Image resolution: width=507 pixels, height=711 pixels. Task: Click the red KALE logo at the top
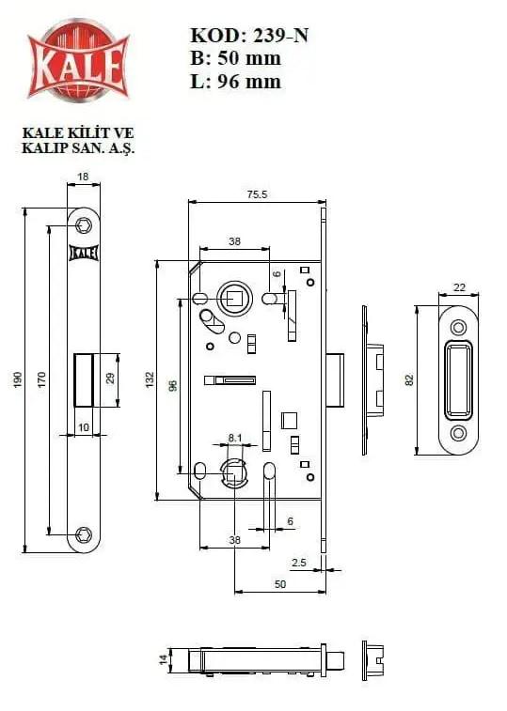78,60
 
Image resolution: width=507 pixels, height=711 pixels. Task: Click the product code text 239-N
281,36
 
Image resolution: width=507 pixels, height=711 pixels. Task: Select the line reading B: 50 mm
235,58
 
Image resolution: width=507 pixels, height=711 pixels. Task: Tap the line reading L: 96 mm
235,82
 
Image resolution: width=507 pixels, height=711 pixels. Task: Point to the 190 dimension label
18,379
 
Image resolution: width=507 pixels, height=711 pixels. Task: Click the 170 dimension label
41,379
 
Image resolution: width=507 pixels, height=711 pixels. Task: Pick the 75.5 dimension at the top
257,194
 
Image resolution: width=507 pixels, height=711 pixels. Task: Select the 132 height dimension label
151,379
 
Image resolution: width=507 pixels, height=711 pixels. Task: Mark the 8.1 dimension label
235,438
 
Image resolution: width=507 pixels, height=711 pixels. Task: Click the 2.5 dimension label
299,563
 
